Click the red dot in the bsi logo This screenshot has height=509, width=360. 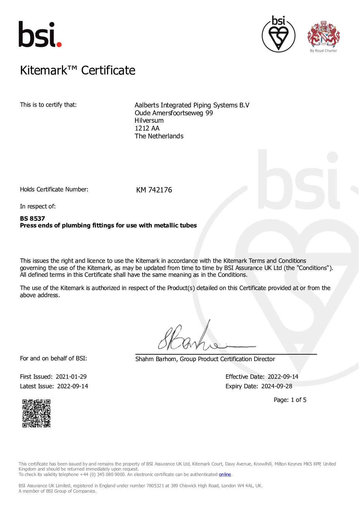tap(59, 44)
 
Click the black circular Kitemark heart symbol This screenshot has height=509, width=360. tap(278, 34)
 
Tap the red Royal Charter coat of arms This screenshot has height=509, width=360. tap(323, 34)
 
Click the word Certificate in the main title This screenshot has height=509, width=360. tap(108, 70)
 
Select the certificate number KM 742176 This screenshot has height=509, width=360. tap(154, 190)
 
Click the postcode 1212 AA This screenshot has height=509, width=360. tap(147, 128)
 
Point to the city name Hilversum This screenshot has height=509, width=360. tap(149, 120)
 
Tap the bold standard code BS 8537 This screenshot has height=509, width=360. tap(32, 218)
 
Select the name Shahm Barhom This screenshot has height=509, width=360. tap(156, 359)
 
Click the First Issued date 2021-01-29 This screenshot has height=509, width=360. tap(71, 377)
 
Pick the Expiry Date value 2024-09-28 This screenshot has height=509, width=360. tap(277, 386)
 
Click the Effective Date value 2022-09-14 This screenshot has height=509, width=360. tap(283, 377)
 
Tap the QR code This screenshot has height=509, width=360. tap(36, 413)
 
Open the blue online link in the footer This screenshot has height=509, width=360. tap(225, 474)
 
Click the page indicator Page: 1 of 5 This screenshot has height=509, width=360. tap(290, 400)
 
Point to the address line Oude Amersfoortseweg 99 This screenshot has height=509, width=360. tap(174, 113)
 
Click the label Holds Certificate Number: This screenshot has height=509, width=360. tap(54, 189)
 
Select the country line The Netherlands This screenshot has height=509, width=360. tap(159, 136)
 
